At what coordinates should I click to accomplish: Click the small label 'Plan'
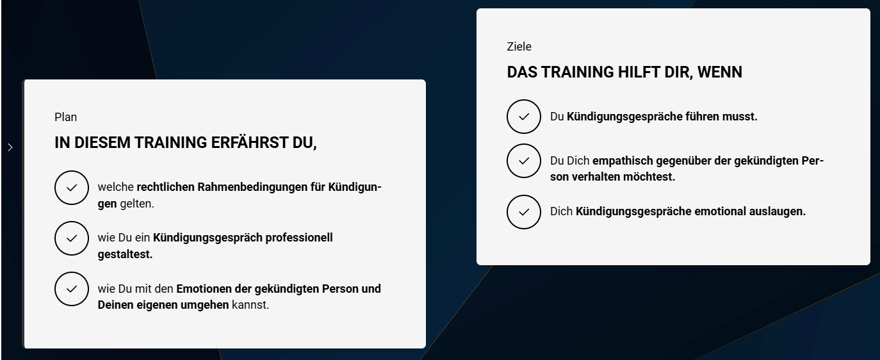tap(65, 117)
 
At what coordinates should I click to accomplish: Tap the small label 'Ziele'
tap(519, 46)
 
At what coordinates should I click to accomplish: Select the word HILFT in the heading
tap(639, 72)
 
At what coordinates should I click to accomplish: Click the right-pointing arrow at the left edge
tap(10, 147)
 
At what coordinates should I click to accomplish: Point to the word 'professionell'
tap(299, 238)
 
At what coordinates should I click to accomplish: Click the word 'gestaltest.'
tap(125, 254)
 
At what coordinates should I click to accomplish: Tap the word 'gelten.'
tap(136, 204)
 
